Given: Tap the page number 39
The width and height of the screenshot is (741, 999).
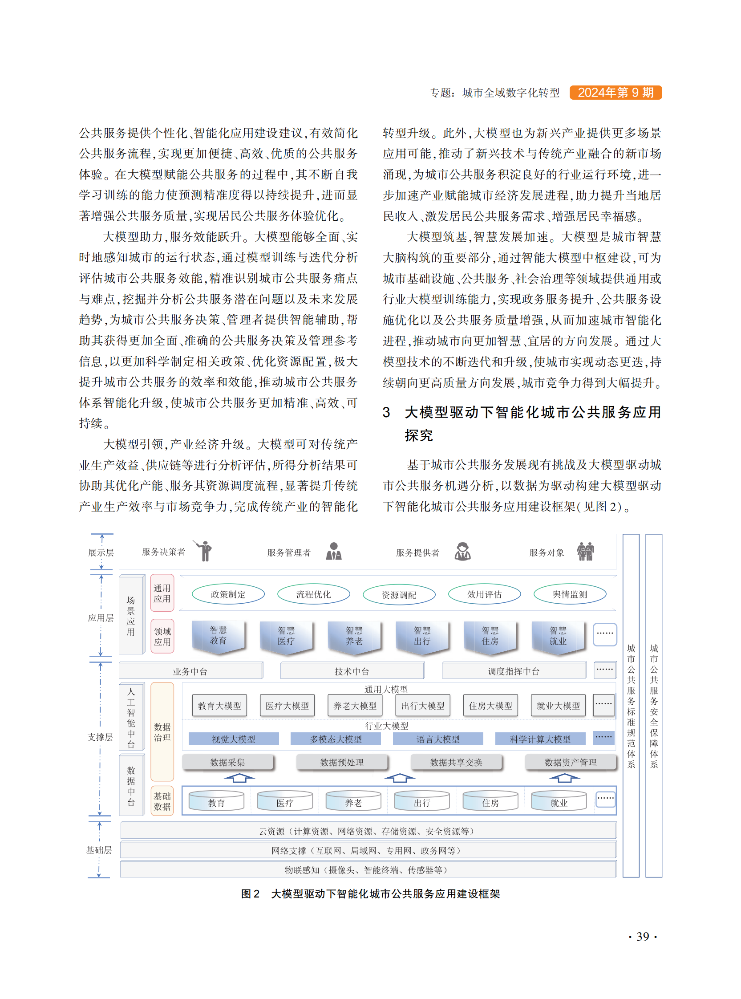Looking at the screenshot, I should point(642,936).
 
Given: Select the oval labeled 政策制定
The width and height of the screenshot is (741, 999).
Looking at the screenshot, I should point(228,594).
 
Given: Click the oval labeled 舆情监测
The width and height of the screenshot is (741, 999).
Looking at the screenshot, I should point(569,594).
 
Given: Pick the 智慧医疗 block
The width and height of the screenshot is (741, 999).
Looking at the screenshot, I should point(286,636).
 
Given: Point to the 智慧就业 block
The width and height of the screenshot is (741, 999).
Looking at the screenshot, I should point(558,636).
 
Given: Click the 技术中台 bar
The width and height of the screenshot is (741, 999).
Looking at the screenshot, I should point(352,671).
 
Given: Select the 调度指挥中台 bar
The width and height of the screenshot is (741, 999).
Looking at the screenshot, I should point(514,671).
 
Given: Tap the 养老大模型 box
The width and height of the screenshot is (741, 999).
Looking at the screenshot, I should point(355,706).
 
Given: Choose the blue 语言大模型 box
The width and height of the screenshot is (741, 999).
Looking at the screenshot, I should point(438,739).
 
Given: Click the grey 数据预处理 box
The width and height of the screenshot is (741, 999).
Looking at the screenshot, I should point(342,762).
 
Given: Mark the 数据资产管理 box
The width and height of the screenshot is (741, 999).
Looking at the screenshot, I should point(570,762).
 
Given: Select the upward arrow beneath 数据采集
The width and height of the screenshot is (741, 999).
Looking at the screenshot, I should point(239,778).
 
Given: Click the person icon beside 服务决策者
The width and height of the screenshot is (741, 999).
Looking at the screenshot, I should point(205,551).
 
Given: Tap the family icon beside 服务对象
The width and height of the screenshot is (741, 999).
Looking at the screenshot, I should point(585,551).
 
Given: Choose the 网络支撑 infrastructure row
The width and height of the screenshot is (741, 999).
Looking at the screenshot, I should point(368,850).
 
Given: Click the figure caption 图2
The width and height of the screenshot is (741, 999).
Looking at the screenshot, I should point(250,893).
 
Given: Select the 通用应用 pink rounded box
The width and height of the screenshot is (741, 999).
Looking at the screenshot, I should point(162,593).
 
